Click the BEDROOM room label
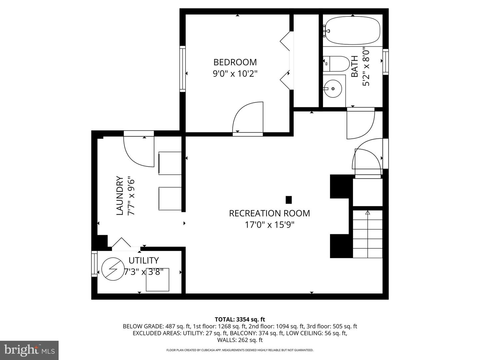tap(235, 62)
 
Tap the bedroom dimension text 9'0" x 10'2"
tap(235, 73)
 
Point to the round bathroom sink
tap(333, 89)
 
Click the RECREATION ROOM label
tap(269, 213)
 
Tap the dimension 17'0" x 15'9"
tap(269, 225)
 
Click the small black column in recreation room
tap(289, 200)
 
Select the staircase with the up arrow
tap(367, 233)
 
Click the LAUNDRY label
tap(120, 196)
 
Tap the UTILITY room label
tap(144, 260)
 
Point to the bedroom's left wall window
tap(182, 69)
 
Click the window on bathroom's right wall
tap(386, 62)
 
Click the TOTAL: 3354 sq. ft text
tap(240, 319)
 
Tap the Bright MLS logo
tap(29, 350)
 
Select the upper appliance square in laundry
tap(170, 163)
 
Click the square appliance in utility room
tap(158, 279)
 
